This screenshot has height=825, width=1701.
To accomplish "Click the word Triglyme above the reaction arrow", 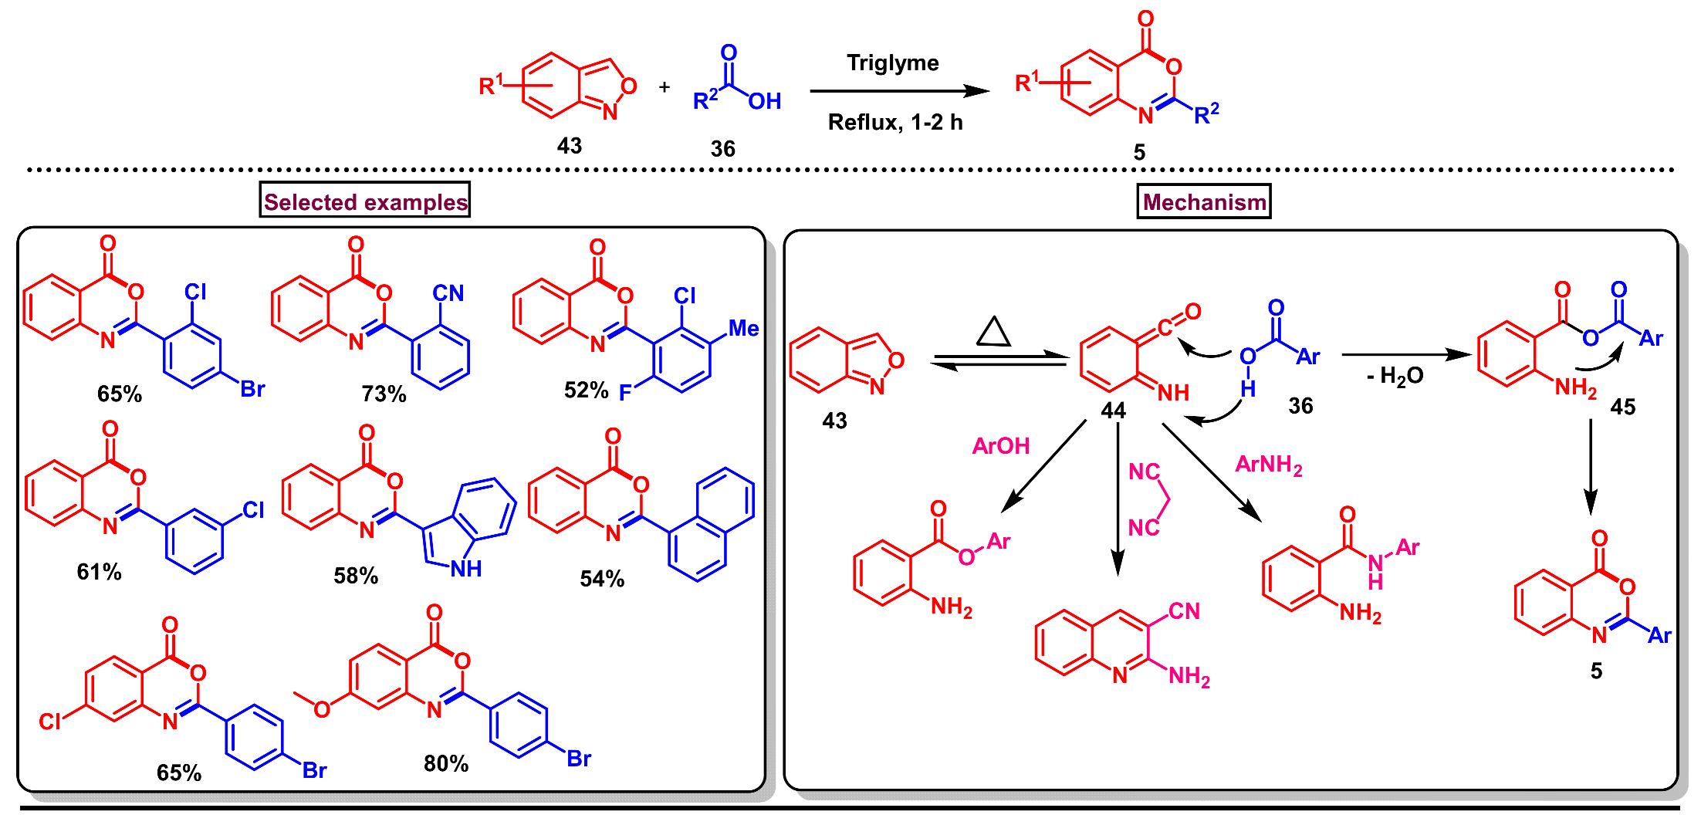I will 892,63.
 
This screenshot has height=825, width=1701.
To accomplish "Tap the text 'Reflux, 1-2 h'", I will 894,123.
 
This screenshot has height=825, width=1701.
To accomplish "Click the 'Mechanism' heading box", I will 1203,202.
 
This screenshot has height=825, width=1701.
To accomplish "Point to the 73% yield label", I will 384,394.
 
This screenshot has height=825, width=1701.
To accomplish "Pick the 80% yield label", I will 446,764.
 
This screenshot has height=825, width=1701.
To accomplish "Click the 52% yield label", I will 586,391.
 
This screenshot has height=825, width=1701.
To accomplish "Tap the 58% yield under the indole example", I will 356,576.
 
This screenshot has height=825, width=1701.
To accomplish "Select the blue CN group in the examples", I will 448,293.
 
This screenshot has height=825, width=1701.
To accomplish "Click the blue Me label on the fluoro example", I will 744,329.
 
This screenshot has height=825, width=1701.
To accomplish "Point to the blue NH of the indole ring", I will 466,569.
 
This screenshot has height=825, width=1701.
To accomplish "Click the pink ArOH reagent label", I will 1001,446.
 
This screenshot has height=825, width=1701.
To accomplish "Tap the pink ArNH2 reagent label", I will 1268,465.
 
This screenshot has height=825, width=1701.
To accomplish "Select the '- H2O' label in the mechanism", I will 1395,377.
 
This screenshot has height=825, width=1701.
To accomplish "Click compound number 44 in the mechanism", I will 1113,411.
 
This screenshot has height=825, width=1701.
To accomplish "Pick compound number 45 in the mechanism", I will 1622,407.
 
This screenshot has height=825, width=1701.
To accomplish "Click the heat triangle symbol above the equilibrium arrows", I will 993,332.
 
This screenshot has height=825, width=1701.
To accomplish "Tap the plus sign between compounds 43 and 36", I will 665,87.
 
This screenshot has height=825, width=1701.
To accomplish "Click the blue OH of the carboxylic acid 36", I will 764,102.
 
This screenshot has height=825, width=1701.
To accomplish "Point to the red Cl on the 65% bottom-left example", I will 50,722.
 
